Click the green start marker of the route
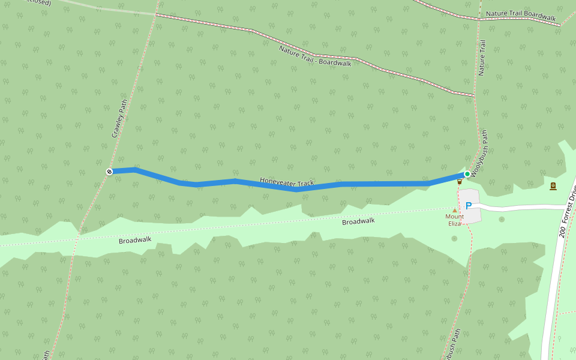[x=467, y=174]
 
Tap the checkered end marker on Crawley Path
[x=110, y=172]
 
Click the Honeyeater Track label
[x=287, y=181]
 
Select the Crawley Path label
[x=120, y=119]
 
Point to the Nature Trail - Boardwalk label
[x=315, y=56]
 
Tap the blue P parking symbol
[x=469, y=205]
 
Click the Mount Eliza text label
[x=454, y=220]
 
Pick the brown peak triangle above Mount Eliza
[x=455, y=210]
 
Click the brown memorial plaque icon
[x=553, y=185]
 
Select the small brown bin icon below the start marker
[x=460, y=181]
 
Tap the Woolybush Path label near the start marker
[x=479, y=154]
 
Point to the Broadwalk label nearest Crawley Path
[x=135, y=240]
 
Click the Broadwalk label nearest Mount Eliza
[x=358, y=221]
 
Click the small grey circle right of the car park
[x=502, y=219]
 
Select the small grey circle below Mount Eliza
[x=454, y=238]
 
